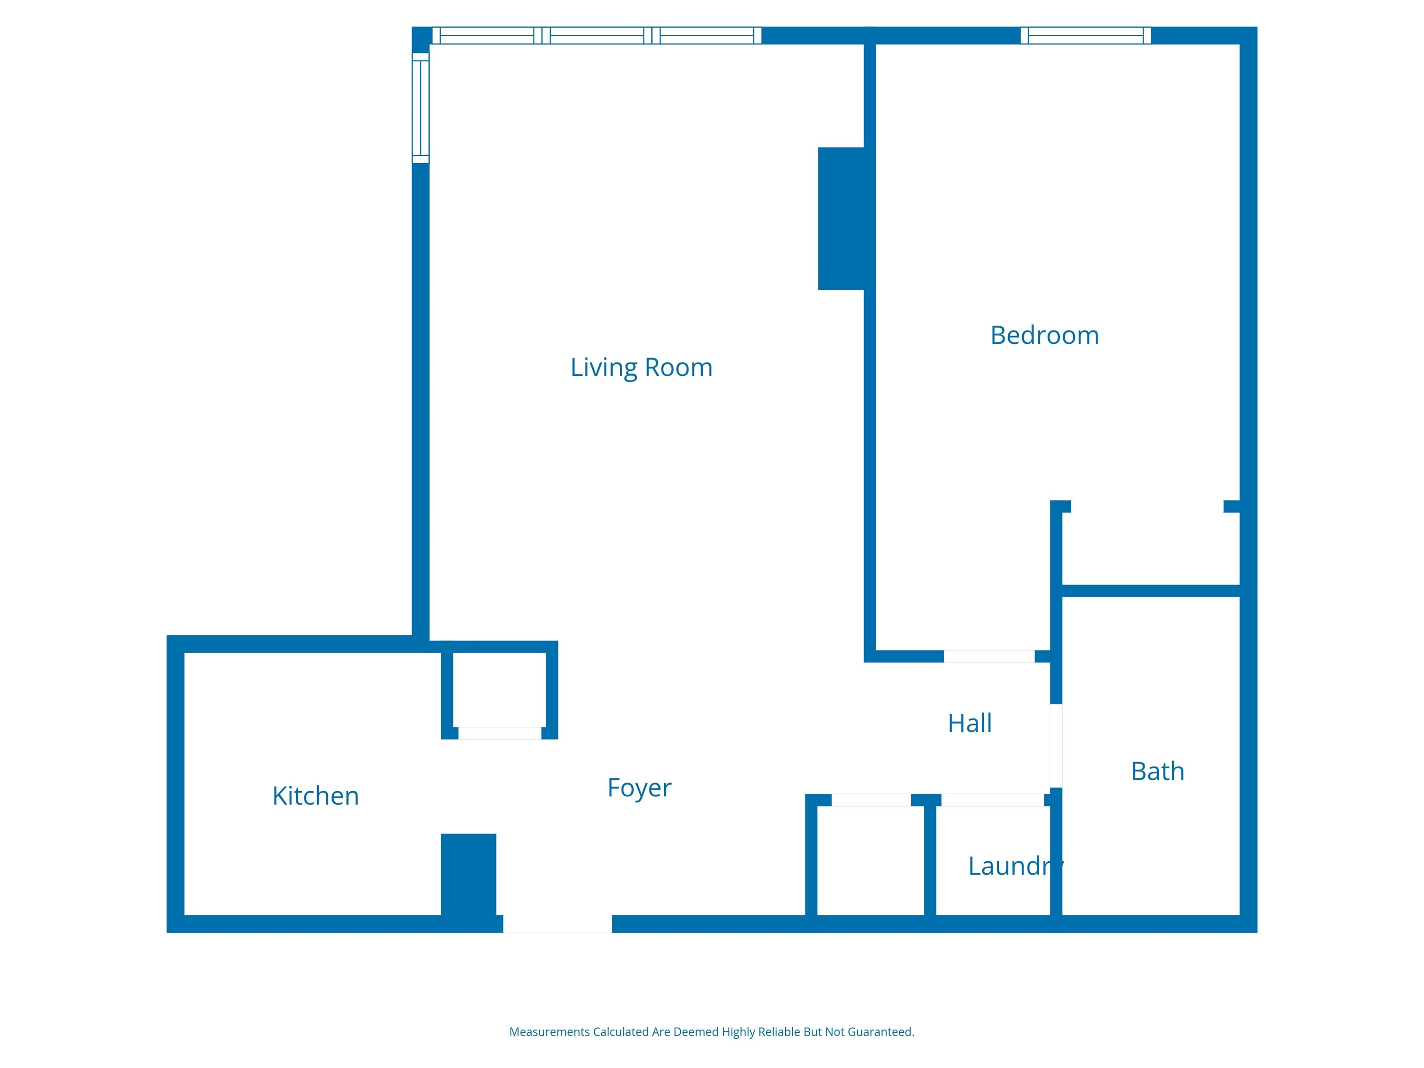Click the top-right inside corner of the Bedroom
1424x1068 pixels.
[x=1239, y=44]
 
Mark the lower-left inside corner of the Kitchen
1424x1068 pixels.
[x=185, y=915]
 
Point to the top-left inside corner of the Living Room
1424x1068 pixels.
[x=429, y=44]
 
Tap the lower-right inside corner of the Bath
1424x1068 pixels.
[x=1239, y=915]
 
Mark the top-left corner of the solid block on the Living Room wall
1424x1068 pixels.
[x=818, y=148]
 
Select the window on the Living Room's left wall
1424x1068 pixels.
[x=420, y=108]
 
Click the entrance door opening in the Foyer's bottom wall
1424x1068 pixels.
[x=558, y=924]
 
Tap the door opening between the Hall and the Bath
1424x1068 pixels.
[x=1056, y=745]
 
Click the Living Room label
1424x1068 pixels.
[x=641, y=368]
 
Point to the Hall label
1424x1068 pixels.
[x=970, y=724]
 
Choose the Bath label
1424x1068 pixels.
[x=1157, y=771]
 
